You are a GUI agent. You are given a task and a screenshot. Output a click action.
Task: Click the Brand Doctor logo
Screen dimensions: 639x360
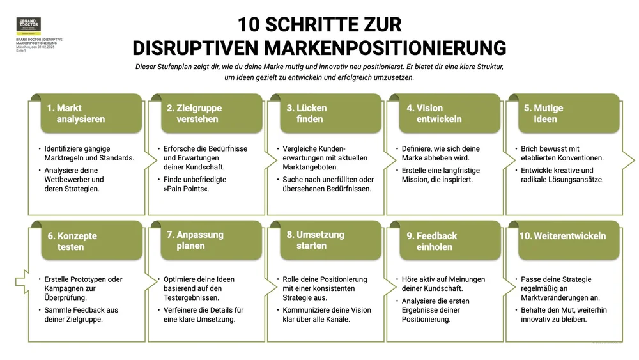pos(28,25)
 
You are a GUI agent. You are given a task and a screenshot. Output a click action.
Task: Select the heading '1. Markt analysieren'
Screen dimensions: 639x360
pos(75,114)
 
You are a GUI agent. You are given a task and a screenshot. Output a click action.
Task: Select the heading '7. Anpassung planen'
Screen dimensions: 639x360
pos(195,240)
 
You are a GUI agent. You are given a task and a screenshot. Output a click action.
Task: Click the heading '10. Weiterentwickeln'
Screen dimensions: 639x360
pos(562,236)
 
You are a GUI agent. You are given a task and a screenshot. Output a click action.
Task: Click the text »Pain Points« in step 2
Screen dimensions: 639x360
pos(186,189)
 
